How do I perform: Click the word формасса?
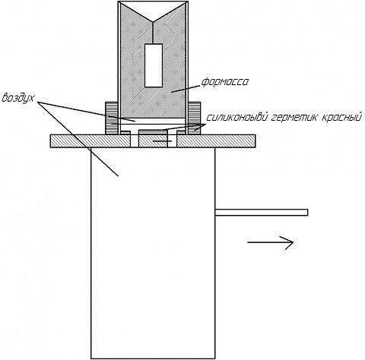pos(225,82)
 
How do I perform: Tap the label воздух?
pos(17,98)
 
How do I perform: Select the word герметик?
pos(294,118)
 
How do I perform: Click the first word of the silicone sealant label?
pos(236,118)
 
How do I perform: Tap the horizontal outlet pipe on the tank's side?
pos(262,213)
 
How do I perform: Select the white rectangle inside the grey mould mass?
pos(154,65)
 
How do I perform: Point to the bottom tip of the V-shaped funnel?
pos(153,21)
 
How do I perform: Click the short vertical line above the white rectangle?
pos(153,33)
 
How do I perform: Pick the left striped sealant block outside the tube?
pos(112,118)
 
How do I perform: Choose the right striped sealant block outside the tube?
pos(194,118)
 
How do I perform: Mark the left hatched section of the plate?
pos(90,141)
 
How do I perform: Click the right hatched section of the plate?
pos(216,141)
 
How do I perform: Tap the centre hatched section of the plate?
pos(153,141)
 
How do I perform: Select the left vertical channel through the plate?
pos(135,141)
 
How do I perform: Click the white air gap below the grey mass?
pos(153,121)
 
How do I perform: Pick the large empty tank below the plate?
pos(153,253)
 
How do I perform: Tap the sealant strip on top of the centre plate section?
pos(153,132)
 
